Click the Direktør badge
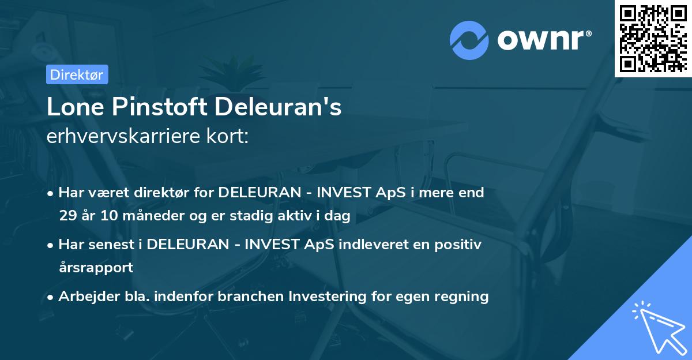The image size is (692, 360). [x=77, y=74]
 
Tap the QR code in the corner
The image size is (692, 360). [x=653, y=38]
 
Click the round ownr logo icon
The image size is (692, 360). [x=469, y=40]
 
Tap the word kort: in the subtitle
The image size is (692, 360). [x=228, y=136]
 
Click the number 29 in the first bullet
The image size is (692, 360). [x=68, y=216]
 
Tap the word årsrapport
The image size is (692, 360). [x=96, y=268]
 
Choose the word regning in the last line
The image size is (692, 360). [x=462, y=297]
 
